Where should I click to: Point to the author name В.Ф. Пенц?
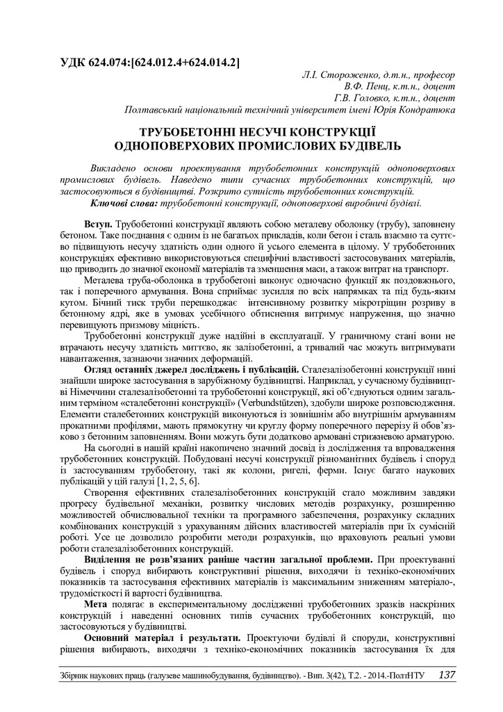click(368, 86)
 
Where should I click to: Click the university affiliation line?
click(289, 110)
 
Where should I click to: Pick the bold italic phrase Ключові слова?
click(124, 202)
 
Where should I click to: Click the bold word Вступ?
click(98, 227)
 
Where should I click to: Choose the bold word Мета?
click(95, 606)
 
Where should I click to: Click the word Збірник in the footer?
click(77, 676)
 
